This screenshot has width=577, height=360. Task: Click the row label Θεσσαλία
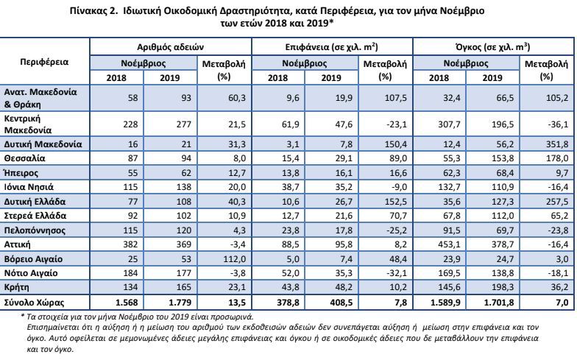[x=25, y=159]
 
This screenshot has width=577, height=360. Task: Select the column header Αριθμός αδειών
[x=171, y=47]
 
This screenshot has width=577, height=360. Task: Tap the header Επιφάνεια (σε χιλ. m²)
[x=331, y=47]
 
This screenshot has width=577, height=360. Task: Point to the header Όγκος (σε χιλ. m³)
[x=493, y=47]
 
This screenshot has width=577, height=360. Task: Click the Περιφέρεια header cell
[x=44, y=62]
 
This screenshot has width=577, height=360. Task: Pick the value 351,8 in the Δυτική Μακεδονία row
[x=557, y=144]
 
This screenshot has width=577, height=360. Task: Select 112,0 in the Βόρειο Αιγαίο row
[x=234, y=259]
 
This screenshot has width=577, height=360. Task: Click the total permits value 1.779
[x=180, y=303]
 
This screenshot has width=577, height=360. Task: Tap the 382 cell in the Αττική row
[x=130, y=244]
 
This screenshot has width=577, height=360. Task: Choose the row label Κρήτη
[x=16, y=287]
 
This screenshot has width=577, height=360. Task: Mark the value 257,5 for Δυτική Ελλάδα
[x=557, y=202]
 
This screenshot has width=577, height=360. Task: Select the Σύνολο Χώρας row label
[x=34, y=303]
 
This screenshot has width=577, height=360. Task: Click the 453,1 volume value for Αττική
[x=449, y=244]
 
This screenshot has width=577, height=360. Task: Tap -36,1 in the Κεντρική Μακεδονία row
[x=558, y=124]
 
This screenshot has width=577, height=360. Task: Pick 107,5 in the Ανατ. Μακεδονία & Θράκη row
[x=396, y=98]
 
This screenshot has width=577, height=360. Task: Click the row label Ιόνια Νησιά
[x=29, y=187]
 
